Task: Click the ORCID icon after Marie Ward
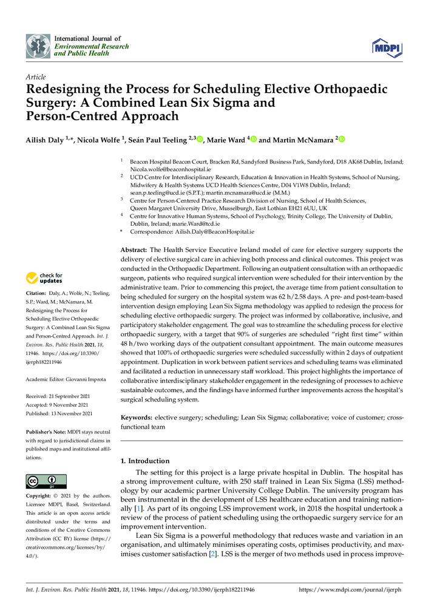pos(253,140)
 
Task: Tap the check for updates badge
pos(44,278)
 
